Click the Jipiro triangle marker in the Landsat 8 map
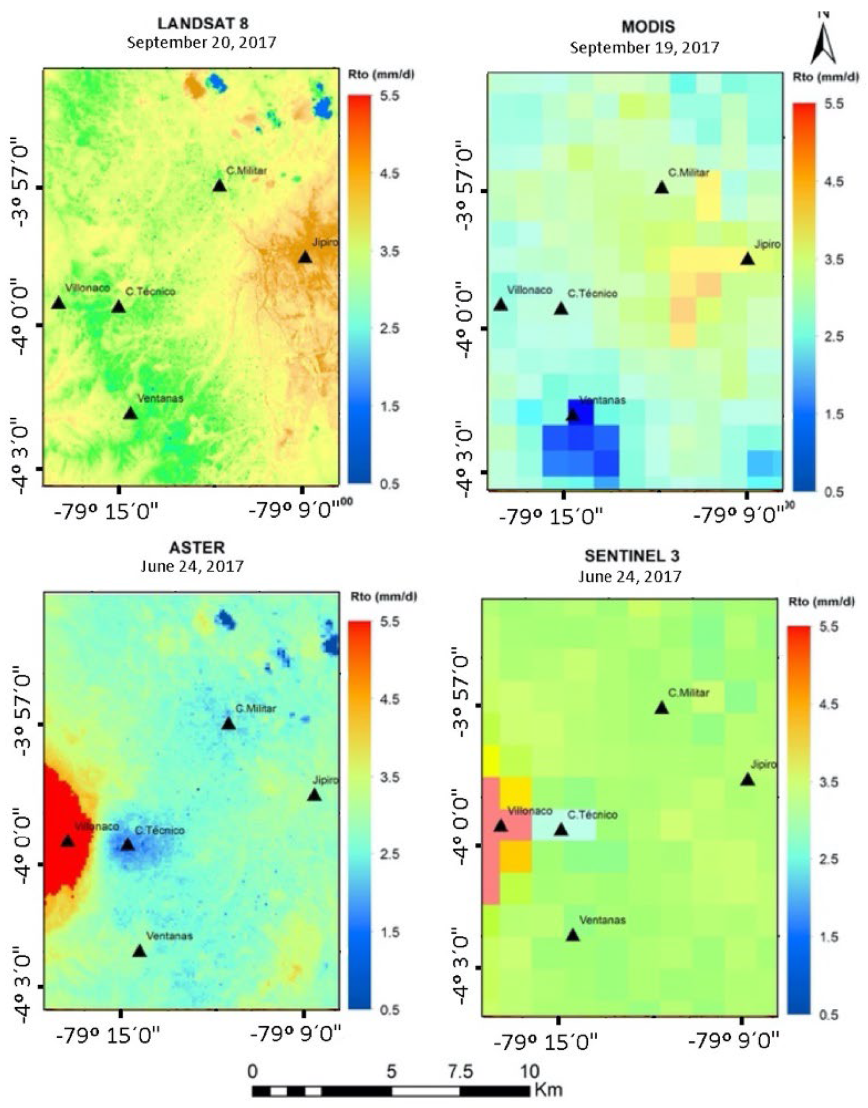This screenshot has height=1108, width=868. [x=304, y=258]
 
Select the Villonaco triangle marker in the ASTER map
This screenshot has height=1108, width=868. [x=68, y=841]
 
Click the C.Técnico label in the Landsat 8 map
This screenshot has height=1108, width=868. [x=150, y=292]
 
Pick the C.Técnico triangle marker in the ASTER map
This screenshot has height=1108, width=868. [x=127, y=845]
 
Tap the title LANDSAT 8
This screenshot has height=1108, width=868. [x=203, y=23]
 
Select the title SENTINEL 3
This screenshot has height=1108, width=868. [x=631, y=556]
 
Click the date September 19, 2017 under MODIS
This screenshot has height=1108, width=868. [x=644, y=48]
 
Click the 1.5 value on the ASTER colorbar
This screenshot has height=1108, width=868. [x=390, y=932]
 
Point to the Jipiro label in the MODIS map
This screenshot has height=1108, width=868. [x=767, y=244]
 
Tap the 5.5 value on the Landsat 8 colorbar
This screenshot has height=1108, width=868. [x=390, y=96]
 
